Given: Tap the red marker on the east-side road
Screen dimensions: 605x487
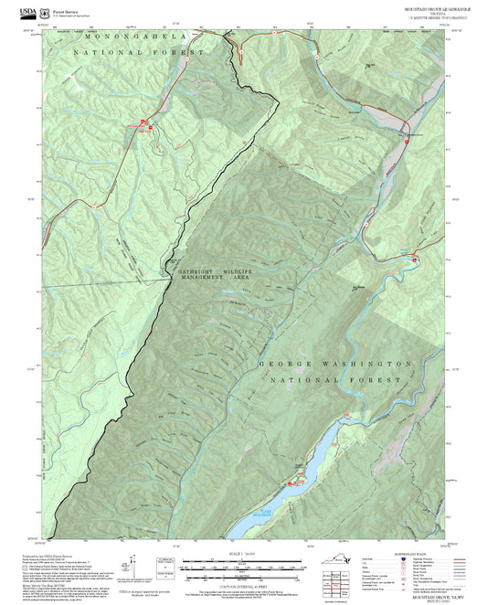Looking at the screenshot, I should [417, 260].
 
